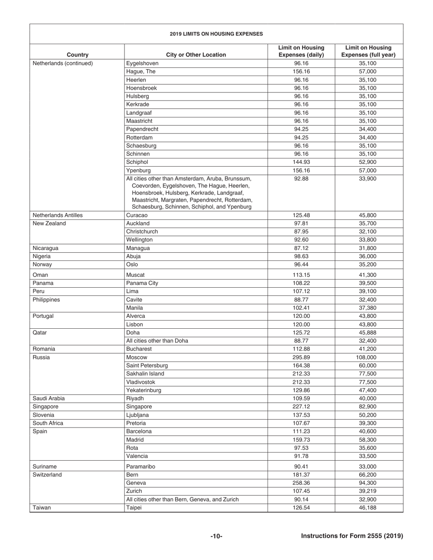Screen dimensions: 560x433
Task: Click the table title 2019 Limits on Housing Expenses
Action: [216, 34]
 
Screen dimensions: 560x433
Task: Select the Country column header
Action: [77, 55]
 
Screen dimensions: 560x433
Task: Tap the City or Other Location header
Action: [196, 55]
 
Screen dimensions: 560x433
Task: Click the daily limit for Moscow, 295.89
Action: [301, 357]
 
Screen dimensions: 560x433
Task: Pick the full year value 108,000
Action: [369, 357]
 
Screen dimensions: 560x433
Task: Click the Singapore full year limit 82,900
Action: [369, 407]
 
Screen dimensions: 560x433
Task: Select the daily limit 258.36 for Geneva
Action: [301, 483]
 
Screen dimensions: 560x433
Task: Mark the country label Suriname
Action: [43, 467]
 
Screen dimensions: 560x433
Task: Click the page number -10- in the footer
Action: [216, 536]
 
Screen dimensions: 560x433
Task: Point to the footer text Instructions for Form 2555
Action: [352, 536]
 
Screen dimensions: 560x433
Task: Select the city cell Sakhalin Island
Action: [145, 374]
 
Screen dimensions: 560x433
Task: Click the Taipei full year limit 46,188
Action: [369, 508]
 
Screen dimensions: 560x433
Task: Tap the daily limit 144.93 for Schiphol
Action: [301, 162]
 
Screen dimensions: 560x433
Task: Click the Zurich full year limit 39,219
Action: [369, 491]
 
